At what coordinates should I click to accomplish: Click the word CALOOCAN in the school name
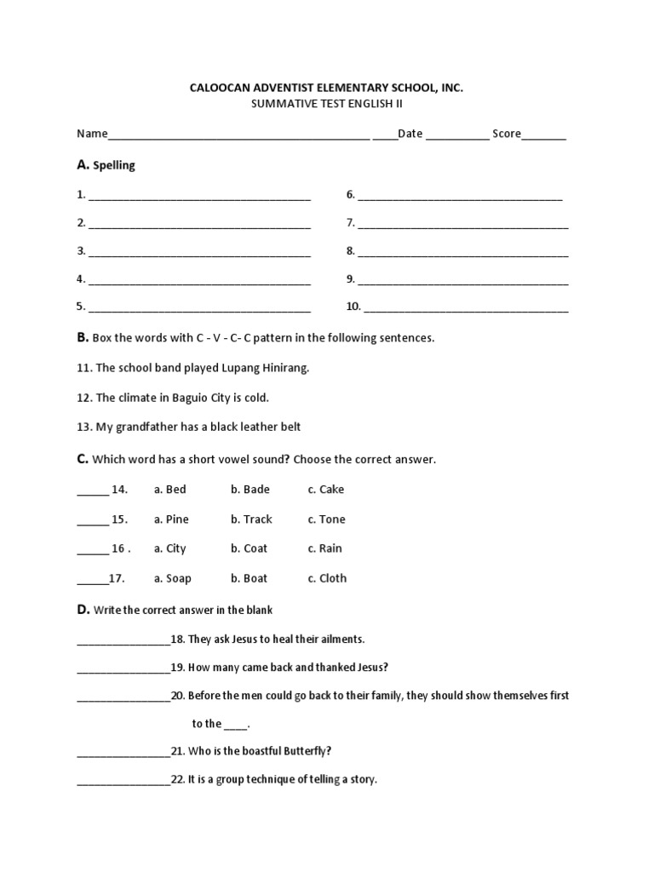coord(216,88)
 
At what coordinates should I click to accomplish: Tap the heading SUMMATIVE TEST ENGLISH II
coord(326,103)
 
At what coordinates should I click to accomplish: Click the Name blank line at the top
coord(238,135)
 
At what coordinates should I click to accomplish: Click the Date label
coord(410,134)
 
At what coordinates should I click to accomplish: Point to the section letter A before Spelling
coord(82,164)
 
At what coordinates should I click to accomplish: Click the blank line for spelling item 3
coord(199,253)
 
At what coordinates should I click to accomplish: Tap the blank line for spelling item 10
coord(466,308)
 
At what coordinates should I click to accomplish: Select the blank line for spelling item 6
coord(460,197)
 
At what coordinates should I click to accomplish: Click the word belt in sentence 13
coord(289,427)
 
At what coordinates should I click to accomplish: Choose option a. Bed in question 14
coord(169,490)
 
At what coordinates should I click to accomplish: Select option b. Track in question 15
coord(251,519)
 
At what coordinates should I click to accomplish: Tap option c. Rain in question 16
coord(324,548)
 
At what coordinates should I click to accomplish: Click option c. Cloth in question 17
coord(327,578)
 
